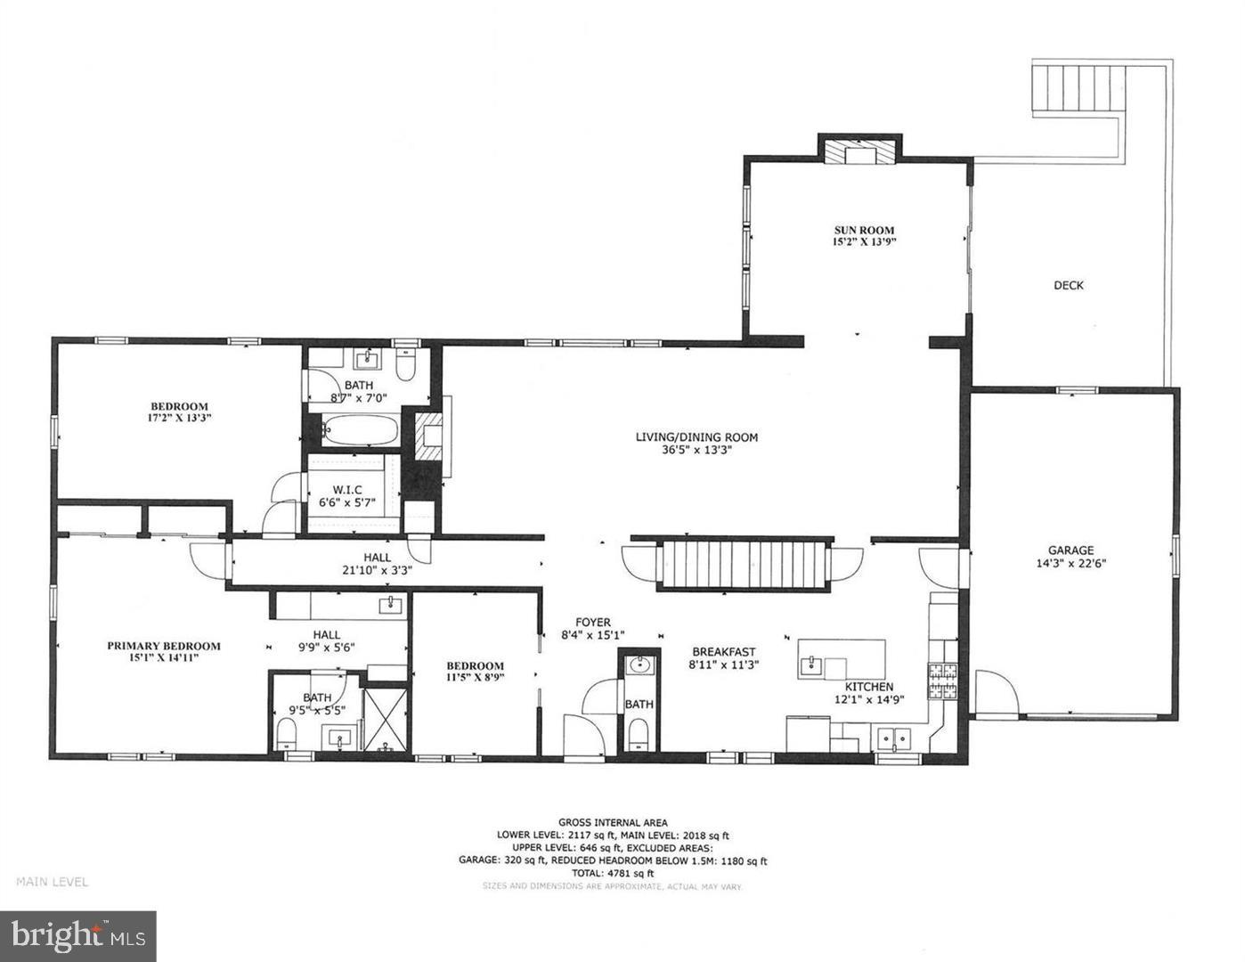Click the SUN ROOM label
point(862,230)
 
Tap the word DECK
point(1068,286)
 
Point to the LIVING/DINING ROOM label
point(696,437)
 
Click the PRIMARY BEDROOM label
point(164,646)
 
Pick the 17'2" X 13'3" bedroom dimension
point(179,417)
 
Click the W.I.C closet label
point(346,489)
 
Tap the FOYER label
point(592,623)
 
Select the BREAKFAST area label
point(724,651)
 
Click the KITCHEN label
point(868,687)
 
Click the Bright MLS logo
point(78,936)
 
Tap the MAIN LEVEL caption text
point(52,882)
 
